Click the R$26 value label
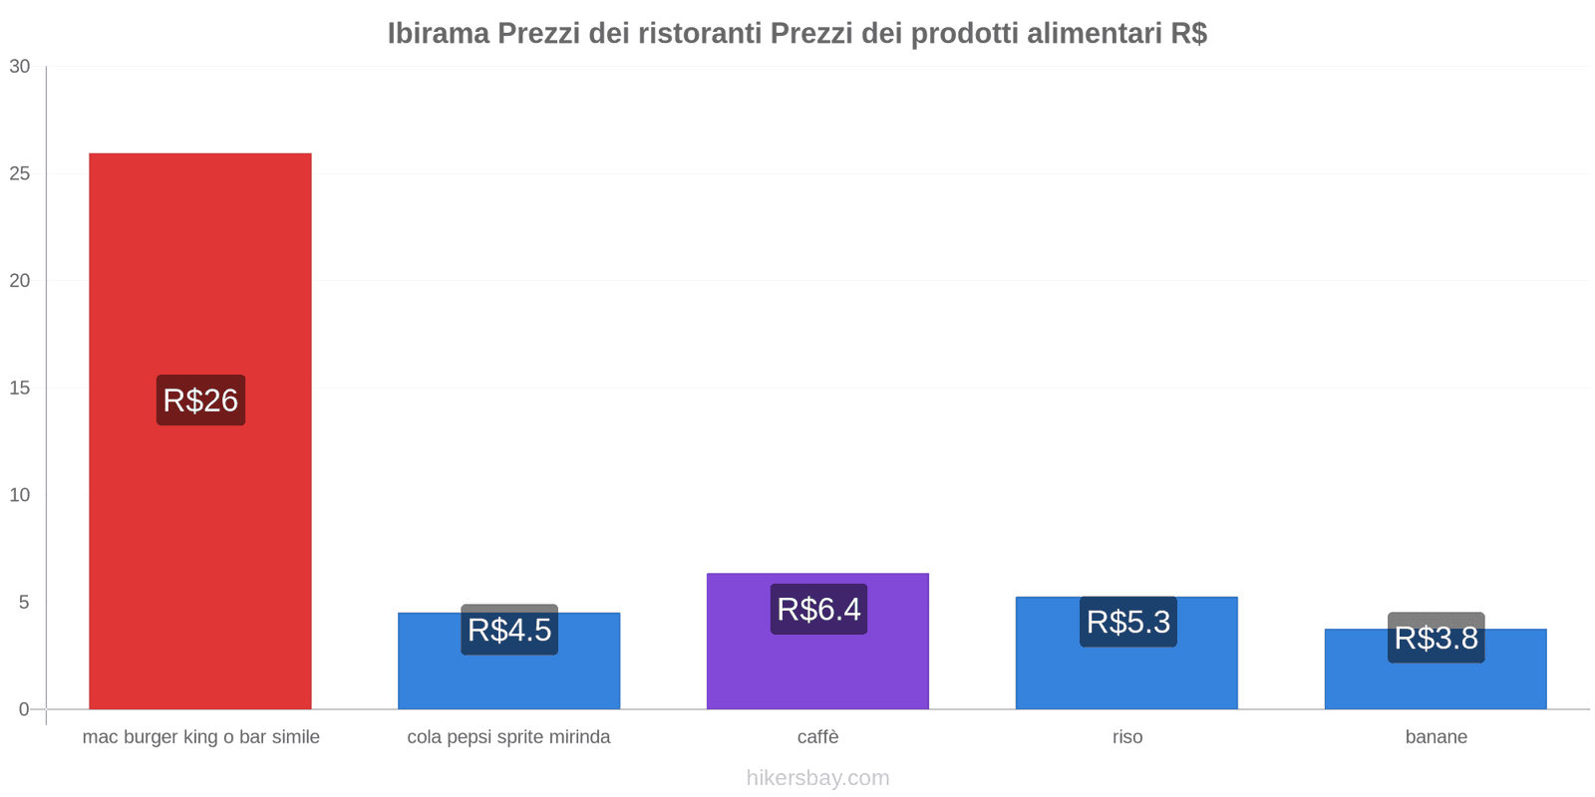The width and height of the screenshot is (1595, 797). coord(200,400)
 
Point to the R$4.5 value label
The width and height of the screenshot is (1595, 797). coord(509,630)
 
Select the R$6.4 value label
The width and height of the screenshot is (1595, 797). coord(818,609)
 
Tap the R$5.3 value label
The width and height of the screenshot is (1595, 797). coord(1127,622)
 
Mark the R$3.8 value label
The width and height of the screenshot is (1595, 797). coord(1435,638)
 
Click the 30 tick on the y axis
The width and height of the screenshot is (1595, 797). coord(20,67)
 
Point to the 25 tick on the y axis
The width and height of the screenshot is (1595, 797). coord(20,174)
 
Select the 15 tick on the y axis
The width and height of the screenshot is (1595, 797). coord(20,389)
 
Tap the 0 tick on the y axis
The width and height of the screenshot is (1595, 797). coord(25,709)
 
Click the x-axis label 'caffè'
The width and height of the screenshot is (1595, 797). coord(817,737)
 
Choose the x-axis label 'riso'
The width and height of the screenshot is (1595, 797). coord(1127,737)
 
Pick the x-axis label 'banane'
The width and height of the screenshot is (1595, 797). coord(1435,737)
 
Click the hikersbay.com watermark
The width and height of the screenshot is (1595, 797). coord(817,778)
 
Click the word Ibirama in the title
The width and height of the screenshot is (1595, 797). coord(439,34)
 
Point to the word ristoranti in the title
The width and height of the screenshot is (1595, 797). coord(701,34)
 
